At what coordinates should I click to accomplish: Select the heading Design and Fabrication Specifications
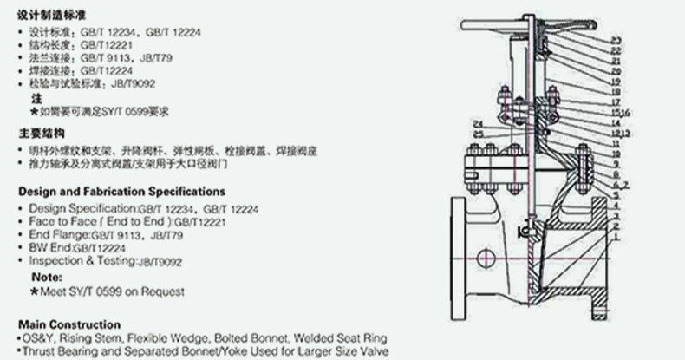point(122,191)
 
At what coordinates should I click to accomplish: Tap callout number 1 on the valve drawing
point(615,236)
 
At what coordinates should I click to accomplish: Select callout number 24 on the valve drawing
point(478,124)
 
